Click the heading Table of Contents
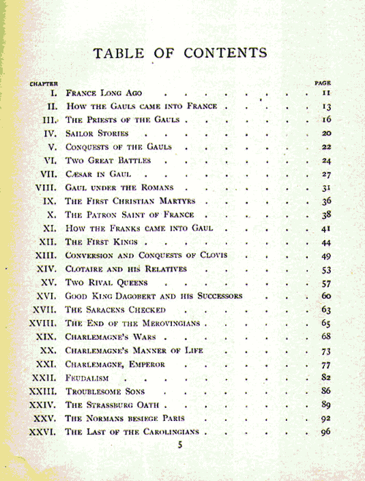point(180,53)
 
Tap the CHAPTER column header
point(42,83)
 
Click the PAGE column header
point(323,83)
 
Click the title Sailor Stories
point(97,134)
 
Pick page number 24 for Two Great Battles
point(325,160)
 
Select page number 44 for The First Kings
point(325,242)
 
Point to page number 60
point(325,295)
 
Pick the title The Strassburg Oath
point(113,405)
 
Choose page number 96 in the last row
point(325,431)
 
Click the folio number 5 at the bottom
point(180,446)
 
